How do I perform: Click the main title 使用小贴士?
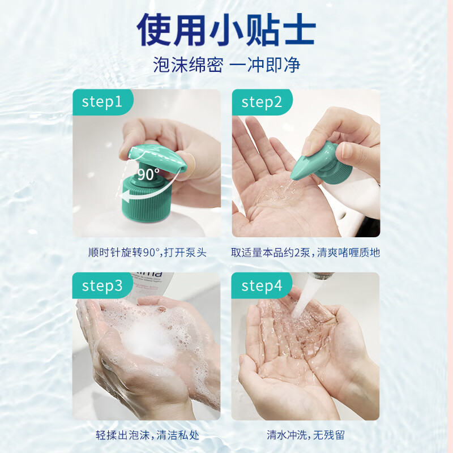pyautogui.click(x=226, y=29)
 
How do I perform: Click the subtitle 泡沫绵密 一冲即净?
pyautogui.click(x=226, y=65)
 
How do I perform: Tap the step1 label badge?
pyautogui.click(x=103, y=102)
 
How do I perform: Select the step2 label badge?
pyautogui.click(x=262, y=102)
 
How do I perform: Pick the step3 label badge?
pyautogui.click(x=102, y=285)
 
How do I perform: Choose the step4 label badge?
pyautogui.click(x=262, y=285)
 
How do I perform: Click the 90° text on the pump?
pyautogui.click(x=148, y=174)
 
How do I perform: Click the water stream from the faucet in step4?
pyautogui.click(x=305, y=298)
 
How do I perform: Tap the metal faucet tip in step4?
pyautogui.click(x=320, y=276)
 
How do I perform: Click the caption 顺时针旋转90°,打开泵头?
pyautogui.click(x=147, y=252)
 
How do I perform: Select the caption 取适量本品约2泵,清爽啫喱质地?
pyautogui.click(x=305, y=252)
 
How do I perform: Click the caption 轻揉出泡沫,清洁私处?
pyautogui.click(x=147, y=435)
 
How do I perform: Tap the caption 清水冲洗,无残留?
pyautogui.click(x=306, y=435)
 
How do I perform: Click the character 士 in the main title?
pyautogui.click(x=299, y=29)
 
